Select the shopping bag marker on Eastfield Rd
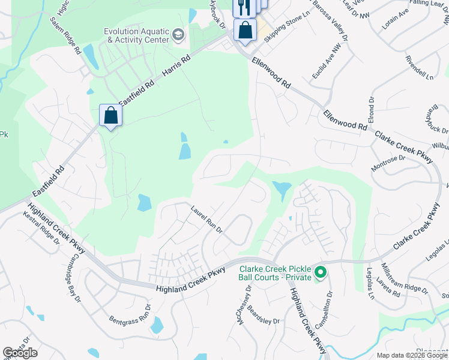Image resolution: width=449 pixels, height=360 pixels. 111,115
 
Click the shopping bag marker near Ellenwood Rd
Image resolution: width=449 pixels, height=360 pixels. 246,30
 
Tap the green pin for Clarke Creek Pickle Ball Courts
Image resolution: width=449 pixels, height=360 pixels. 321,274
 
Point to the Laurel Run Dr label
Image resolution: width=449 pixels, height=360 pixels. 207,220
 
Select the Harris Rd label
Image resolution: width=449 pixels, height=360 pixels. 177,68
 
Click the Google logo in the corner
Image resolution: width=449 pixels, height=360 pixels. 20,353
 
